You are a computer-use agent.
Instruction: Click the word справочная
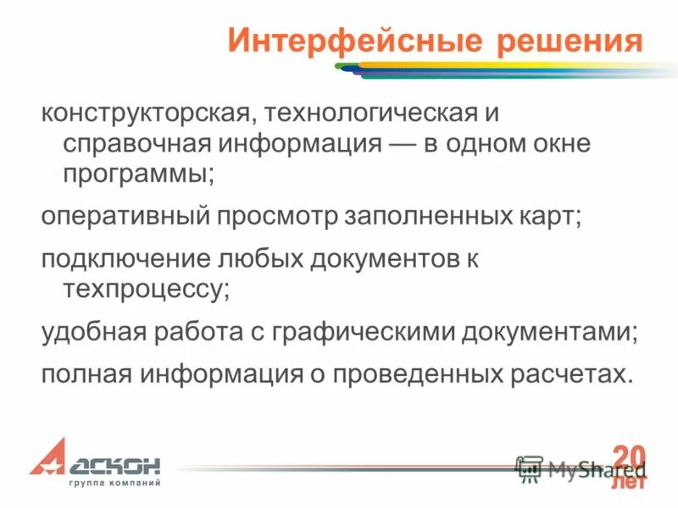pyautogui.click(x=132, y=143)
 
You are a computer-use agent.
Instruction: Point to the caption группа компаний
pyautogui.click(x=114, y=483)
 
